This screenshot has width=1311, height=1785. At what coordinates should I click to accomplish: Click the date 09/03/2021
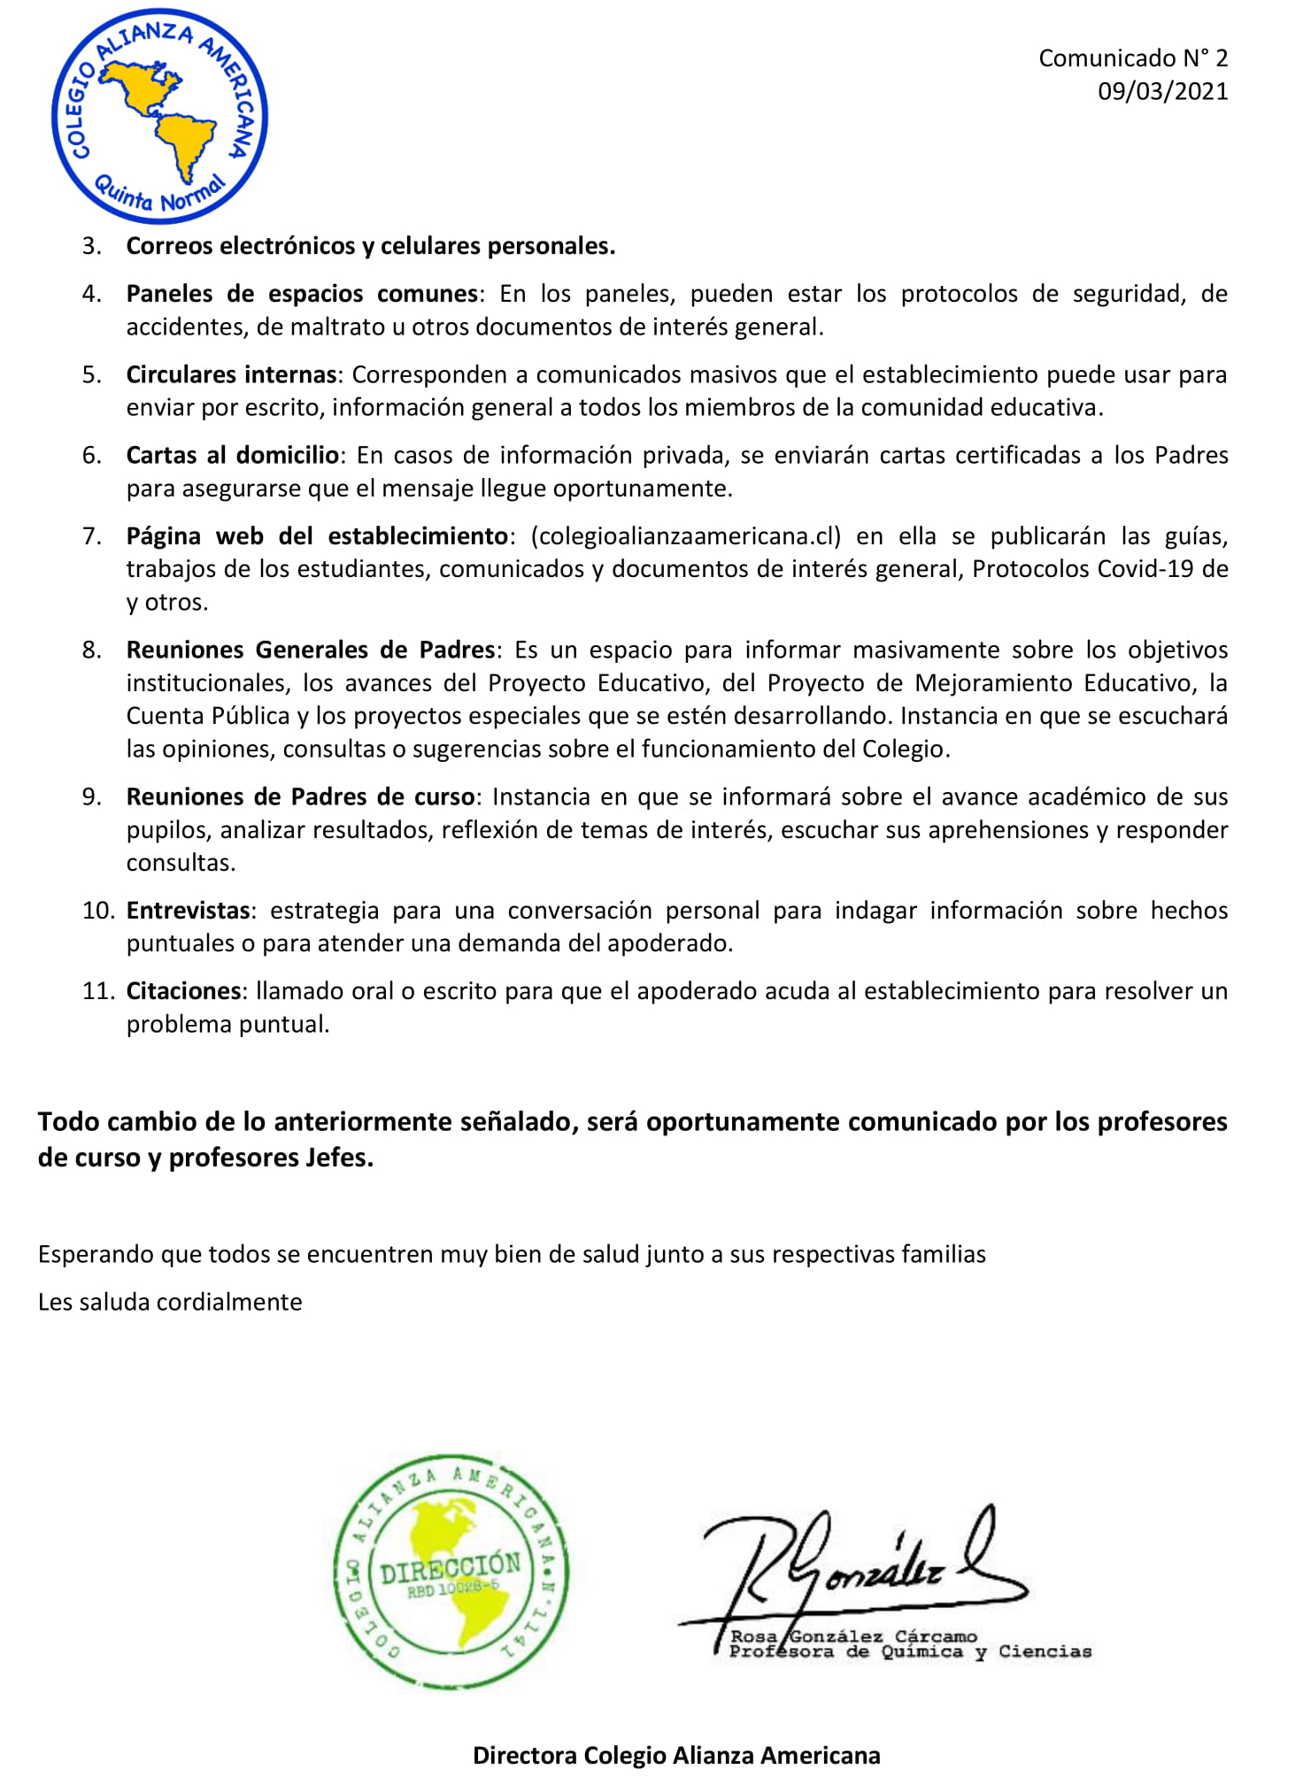[x=1161, y=91]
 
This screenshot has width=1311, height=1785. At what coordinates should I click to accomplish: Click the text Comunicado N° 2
[x=1132, y=58]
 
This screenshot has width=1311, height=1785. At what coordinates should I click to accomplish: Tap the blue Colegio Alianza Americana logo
[x=159, y=116]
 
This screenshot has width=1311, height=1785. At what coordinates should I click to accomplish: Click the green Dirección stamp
[x=451, y=1572]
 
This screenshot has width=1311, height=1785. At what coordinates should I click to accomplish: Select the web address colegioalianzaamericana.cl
[x=685, y=536]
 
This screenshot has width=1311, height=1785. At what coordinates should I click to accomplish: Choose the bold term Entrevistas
[x=188, y=911]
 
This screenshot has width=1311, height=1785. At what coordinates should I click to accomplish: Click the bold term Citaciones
[x=183, y=991]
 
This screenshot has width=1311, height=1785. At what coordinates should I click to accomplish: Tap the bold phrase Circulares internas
[x=231, y=374]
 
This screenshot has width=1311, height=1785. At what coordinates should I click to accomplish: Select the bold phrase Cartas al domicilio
[x=233, y=456]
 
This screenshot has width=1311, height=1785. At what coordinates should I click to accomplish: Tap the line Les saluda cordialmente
[x=170, y=1302]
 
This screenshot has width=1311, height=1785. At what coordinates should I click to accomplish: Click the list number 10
[x=97, y=911]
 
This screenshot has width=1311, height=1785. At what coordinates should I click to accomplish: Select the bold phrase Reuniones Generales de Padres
[x=310, y=650]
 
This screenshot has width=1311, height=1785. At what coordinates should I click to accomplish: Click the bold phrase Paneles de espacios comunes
[x=302, y=294]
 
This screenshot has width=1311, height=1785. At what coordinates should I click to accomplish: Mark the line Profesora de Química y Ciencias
[x=909, y=1652]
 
